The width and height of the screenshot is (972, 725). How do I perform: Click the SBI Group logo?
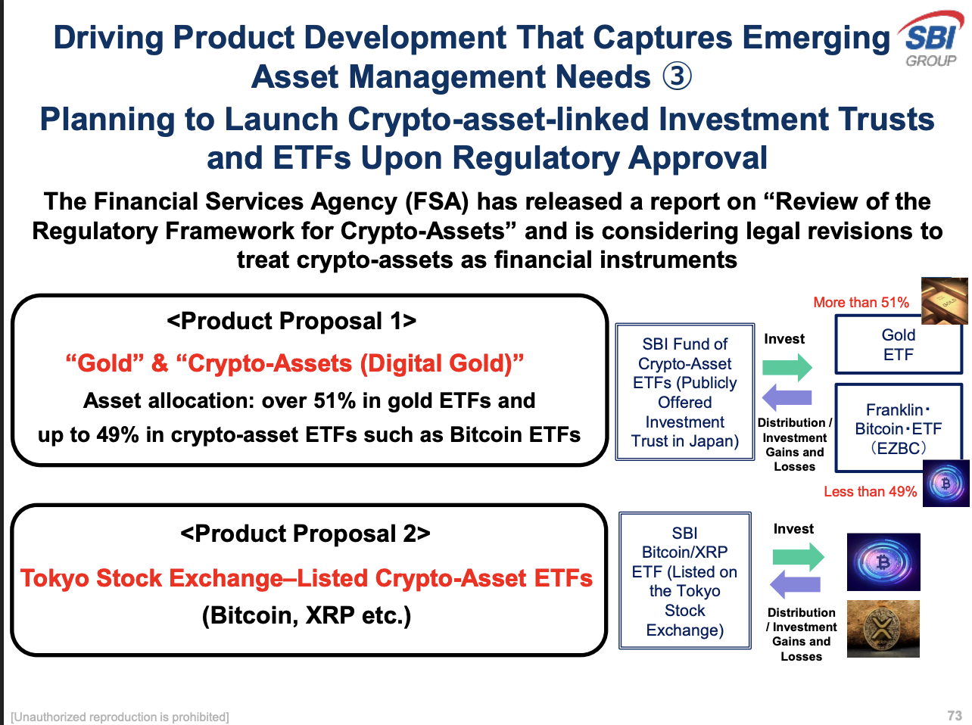point(931,39)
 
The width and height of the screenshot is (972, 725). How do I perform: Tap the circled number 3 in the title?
point(677,76)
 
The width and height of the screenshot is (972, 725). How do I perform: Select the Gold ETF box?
point(898,345)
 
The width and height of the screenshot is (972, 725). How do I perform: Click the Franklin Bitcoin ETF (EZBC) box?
point(898,429)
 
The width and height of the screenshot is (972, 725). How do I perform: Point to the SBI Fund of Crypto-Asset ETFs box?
point(684,393)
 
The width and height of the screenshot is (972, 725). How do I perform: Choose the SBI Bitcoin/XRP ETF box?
point(684,581)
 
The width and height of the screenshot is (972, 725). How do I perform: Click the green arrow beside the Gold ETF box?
point(787,368)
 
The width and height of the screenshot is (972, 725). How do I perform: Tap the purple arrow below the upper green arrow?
point(787,397)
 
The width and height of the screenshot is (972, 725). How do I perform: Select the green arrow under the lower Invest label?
point(798,558)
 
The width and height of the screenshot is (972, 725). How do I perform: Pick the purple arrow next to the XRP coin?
point(795,584)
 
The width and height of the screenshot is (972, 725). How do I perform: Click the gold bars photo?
point(944,300)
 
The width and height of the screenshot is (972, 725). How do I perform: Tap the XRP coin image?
point(883,629)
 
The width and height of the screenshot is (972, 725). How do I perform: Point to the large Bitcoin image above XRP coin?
point(883,562)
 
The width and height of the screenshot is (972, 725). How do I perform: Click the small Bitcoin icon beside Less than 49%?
point(946,483)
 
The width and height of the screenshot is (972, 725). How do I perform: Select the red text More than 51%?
point(861,303)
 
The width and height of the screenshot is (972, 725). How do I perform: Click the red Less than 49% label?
point(870,492)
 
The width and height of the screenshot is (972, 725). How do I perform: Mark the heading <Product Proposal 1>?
point(291,322)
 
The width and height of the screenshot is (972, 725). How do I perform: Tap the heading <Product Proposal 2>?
point(305,534)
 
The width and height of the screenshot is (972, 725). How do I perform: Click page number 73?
point(954,716)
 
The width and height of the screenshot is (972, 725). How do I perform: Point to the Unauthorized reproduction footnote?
point(120,717)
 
